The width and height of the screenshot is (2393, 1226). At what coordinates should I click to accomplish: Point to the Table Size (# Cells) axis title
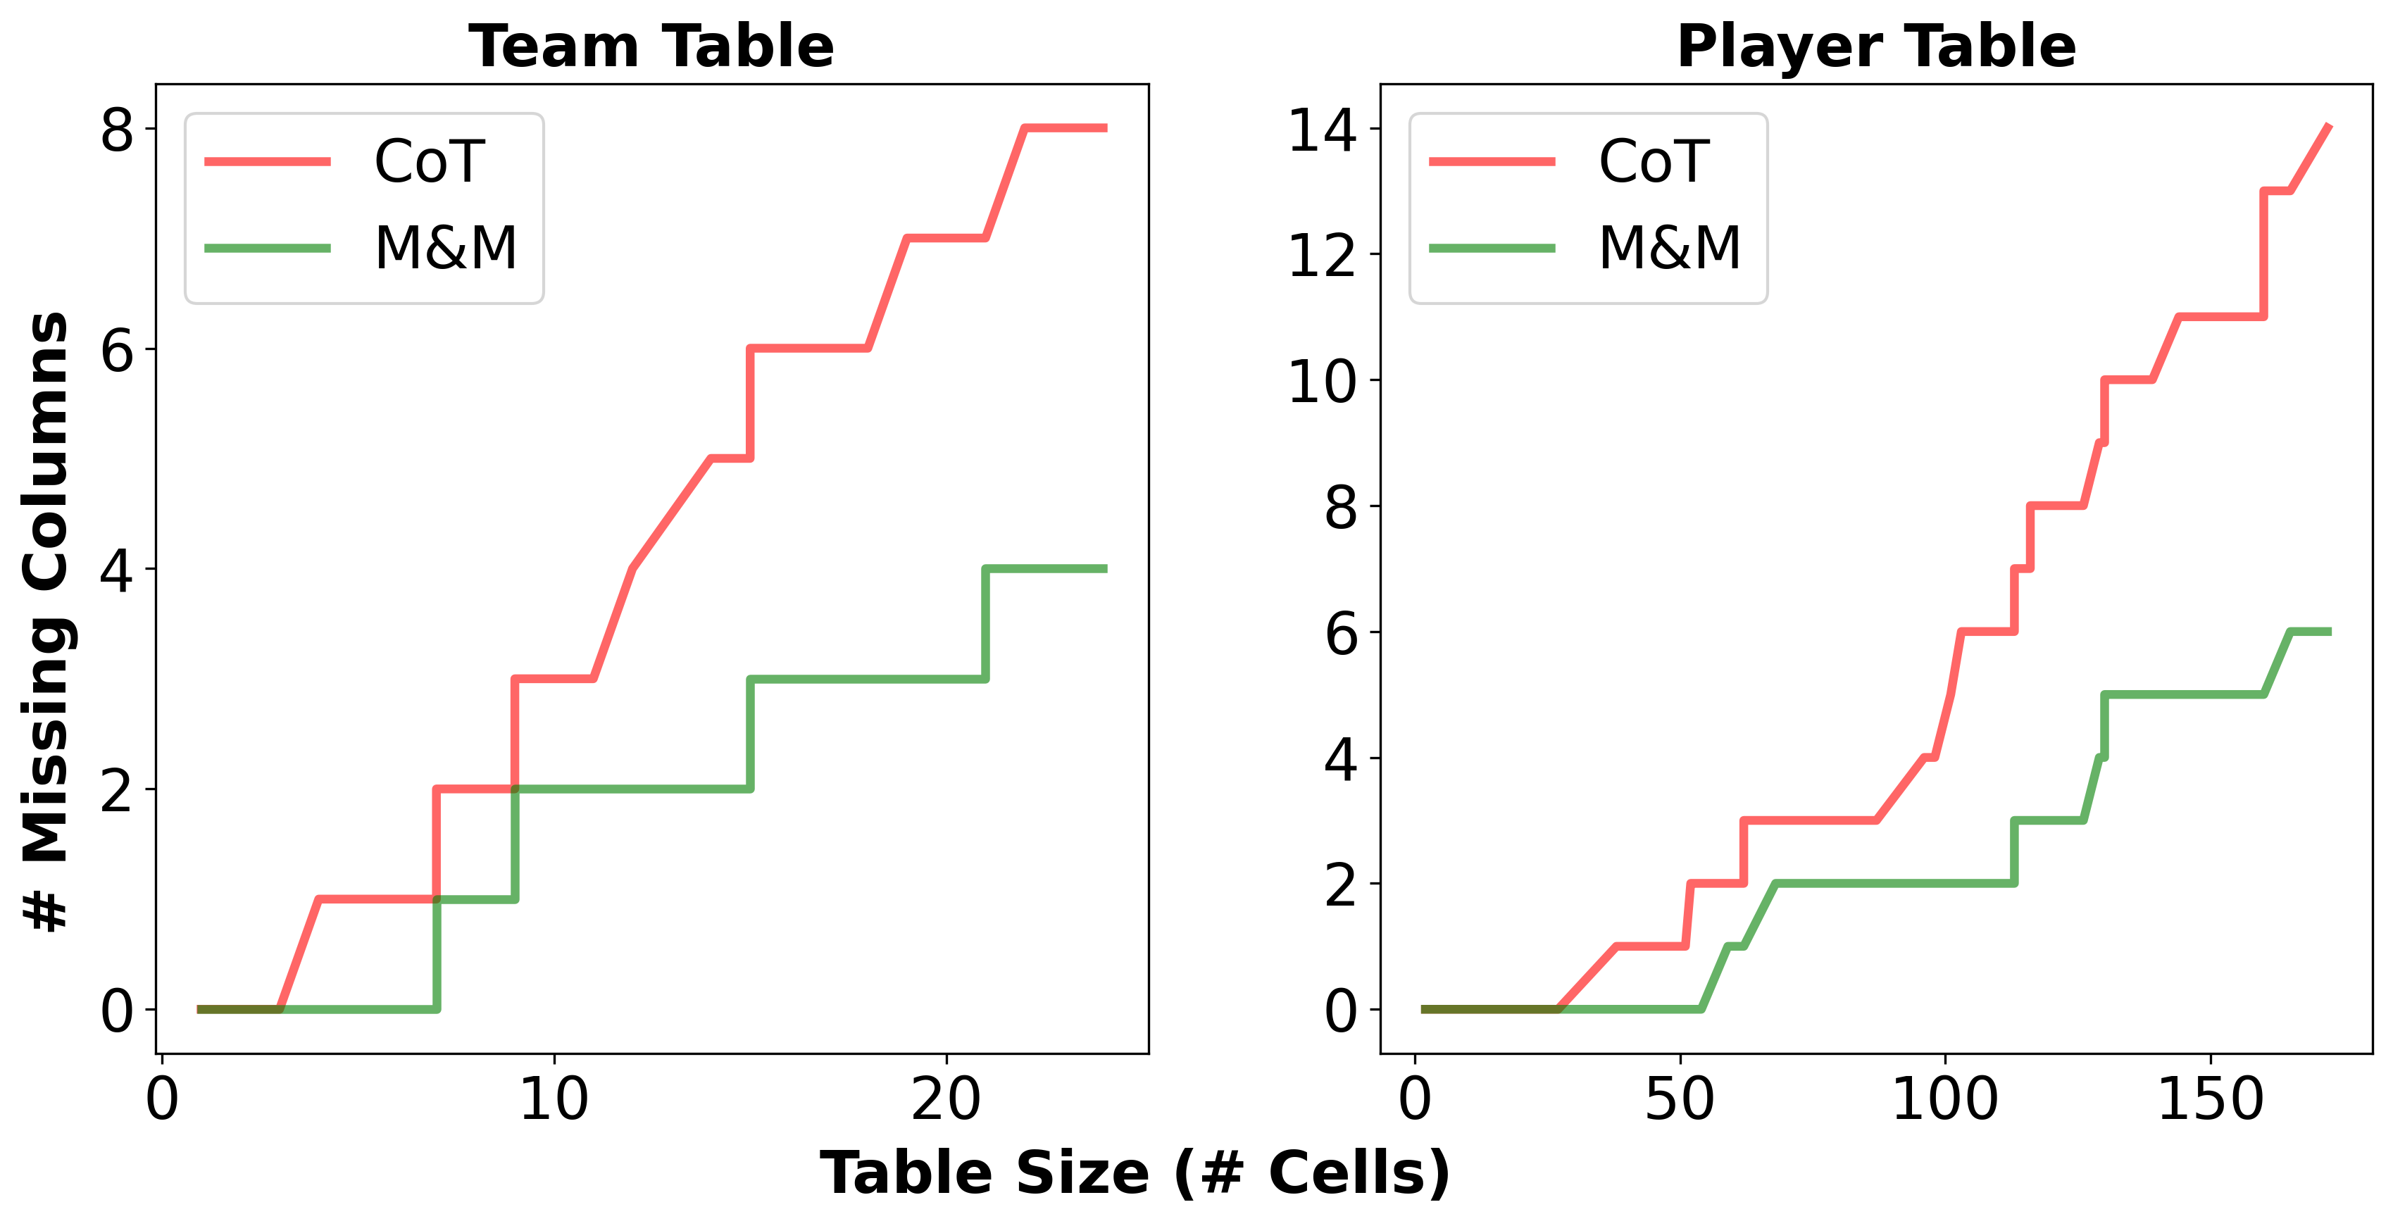click(1135, 1172)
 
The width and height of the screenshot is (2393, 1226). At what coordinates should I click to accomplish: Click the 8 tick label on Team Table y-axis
click(117, 130)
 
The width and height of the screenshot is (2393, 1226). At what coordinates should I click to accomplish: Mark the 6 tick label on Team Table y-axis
click(117, 350)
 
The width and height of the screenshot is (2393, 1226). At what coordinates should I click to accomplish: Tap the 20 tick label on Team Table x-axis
click(946, 1100)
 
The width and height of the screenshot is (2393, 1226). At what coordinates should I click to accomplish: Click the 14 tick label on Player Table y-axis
click(1323, 130)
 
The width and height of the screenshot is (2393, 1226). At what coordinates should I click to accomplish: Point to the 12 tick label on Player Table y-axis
click(1323, 256)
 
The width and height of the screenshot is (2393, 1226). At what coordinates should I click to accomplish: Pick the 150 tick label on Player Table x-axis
click(2209, 1100)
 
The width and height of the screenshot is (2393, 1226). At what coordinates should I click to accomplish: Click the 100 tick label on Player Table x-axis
click(1944, 1100)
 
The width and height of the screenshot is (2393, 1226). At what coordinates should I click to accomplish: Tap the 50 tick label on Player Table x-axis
click(1680, 1100)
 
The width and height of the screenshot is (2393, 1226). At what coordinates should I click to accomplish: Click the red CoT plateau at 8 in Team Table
click(1065, 128)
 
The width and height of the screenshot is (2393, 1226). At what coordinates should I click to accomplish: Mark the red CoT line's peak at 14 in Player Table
click(2328, 127)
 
